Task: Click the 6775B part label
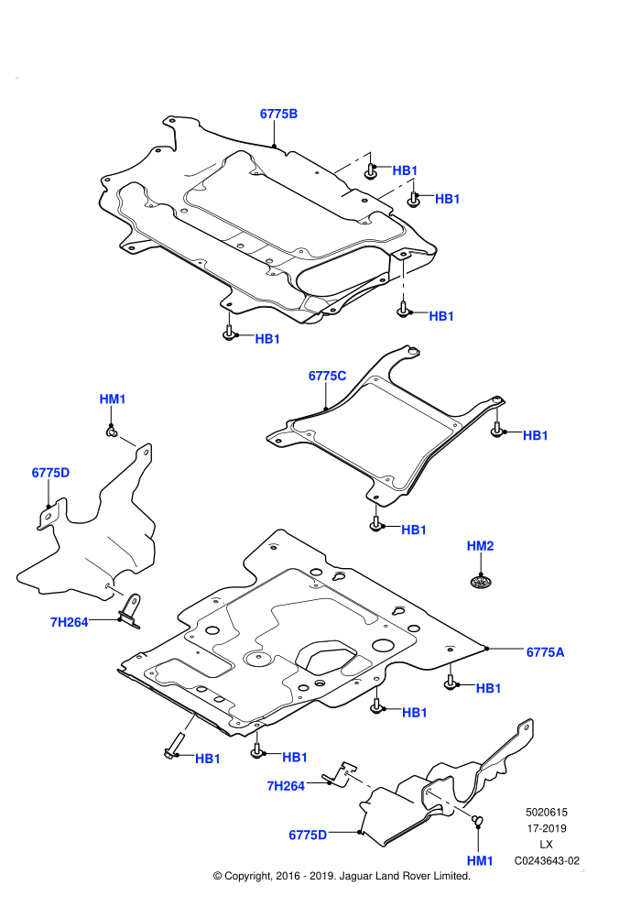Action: pyautogui.click(x=278, y=114)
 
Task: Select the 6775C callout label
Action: pyautogui.click(x=327, y=376)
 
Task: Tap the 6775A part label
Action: pyautogui.click(x=545, y=652)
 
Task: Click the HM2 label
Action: pyautogui.click(x=481, y=546)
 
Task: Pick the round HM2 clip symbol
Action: pyautogui.click(x=479, y=582)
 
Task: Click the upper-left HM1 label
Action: pyautogui.click(x=113, y=399)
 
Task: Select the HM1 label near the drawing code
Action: pyautogui.click(x=480, y=860)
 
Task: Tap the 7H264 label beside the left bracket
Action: pyautogui.click(x=70, y=622)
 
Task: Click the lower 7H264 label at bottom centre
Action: pyautogui.click(x=286, y=786)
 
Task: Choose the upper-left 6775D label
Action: pyautogui.click(x=51, y=473)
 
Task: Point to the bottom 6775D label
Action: pyautogui.click(x=308, y=836)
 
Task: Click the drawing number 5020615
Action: pyautogui.click(x=546, y=813)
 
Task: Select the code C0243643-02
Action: pyautogui.click(x=547, y=860)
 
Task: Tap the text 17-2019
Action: pyautogui.click(x=546, y=828)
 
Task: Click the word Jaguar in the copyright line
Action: pyautogui.click(x=357, y=877)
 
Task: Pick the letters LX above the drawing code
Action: pyautogui.click(x=546, y=845)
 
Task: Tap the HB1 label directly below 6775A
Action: pyautogui.click(x=488, y=688)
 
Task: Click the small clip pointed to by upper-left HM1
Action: pyautogui.click(x=112, y=431)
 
